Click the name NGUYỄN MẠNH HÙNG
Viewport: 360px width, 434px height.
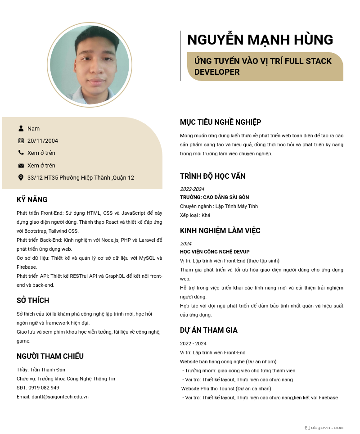(x=260, y=40)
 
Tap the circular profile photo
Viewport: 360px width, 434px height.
(x=90, y=65)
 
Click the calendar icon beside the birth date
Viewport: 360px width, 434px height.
(x=21, y=140)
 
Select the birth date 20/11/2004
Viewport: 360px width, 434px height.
(x=43, y=140)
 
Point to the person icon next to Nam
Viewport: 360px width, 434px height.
(x=21, y=128)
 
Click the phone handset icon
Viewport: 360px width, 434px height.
(x=21, y=153)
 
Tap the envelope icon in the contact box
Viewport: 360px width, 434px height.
(x=21, y=165)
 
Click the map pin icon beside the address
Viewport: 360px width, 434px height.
(x=21, y=177)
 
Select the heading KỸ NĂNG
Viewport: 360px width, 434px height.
(x=32, y=199)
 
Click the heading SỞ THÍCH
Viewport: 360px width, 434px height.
(x=33, y=300)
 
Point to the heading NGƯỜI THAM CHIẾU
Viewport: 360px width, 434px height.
(x=50, y=356)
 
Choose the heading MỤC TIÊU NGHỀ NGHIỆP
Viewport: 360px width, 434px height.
(x=220, y=122)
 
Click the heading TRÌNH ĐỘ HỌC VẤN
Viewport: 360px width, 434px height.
(x=213, y=176)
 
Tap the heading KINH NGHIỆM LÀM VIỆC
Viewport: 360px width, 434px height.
(x=220, y=231)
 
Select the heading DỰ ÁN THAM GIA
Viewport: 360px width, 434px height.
(x=209, y=330)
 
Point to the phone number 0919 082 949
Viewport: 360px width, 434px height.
(x=44, y=388)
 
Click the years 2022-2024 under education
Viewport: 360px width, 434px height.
(x=192, y=189)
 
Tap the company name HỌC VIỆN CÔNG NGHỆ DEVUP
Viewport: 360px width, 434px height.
(x=215, y=252)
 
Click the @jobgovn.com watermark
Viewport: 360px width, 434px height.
(x=324, y=427)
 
